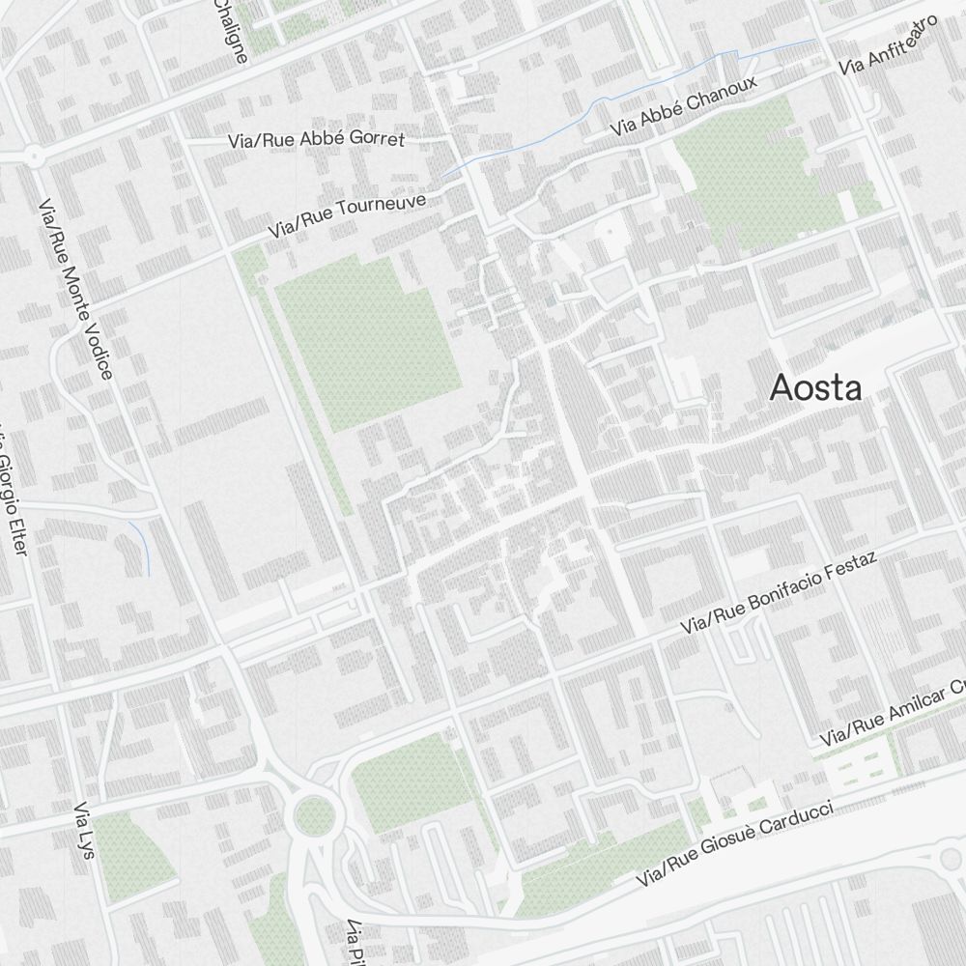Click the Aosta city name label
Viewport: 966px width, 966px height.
tap(815, 388)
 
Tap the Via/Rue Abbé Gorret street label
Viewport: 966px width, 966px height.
tap(317, 140)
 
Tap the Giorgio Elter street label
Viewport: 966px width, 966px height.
tap(12, 493)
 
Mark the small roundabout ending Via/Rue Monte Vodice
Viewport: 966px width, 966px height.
tap(34, 155)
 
